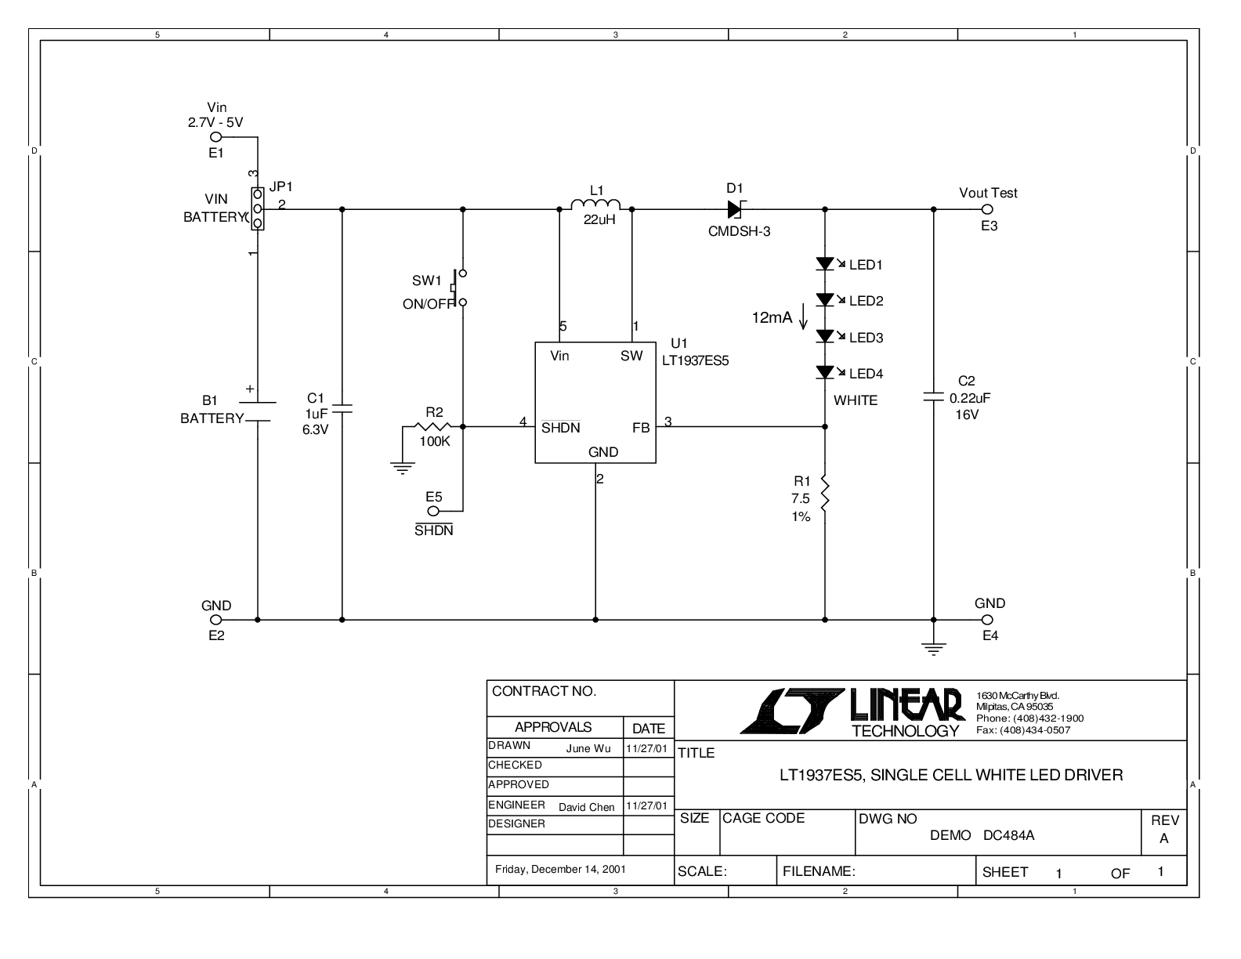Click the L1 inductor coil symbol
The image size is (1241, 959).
pyautogui.click(x=595, y=204)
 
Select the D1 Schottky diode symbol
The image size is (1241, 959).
pyautogui.click(x=736, y=209)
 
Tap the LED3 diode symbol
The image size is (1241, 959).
pyautogui.click(x=825, y=336)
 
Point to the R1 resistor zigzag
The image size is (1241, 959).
pyautogui.click(x=825, y=493)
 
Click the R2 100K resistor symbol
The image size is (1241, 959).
pyautogui.click(x=432, y=426)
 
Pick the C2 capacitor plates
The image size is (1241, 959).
pyautogui.click(x=933, y=396)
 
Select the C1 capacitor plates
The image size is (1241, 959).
pyautogui.click(x=342, y=408)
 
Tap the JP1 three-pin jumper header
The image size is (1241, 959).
pyautogui.click(x=258, y=208)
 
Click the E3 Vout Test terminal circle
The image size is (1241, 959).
pyautogui.click(x=987, y=209)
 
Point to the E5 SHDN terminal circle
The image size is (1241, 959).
pyautogui.click(x=433, y=511)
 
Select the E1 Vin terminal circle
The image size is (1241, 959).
pyautogui.click(x=216, y=137)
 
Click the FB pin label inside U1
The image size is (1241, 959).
pyautogui.click(x=641, y=428)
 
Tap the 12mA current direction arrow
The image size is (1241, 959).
pyautogui.click(x=803, y=317)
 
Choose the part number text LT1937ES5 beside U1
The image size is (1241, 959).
pyautogui.click(x=695, y=361)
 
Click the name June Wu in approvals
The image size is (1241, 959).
pyautogui.click(x=588, y=748)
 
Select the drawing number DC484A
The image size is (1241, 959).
pyautogui.click(x=1008, y=835)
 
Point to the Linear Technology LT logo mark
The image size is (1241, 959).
pyautogui.click(x=792, y=711)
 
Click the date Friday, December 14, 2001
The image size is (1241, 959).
pyautogui.click(x=560, y=870)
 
